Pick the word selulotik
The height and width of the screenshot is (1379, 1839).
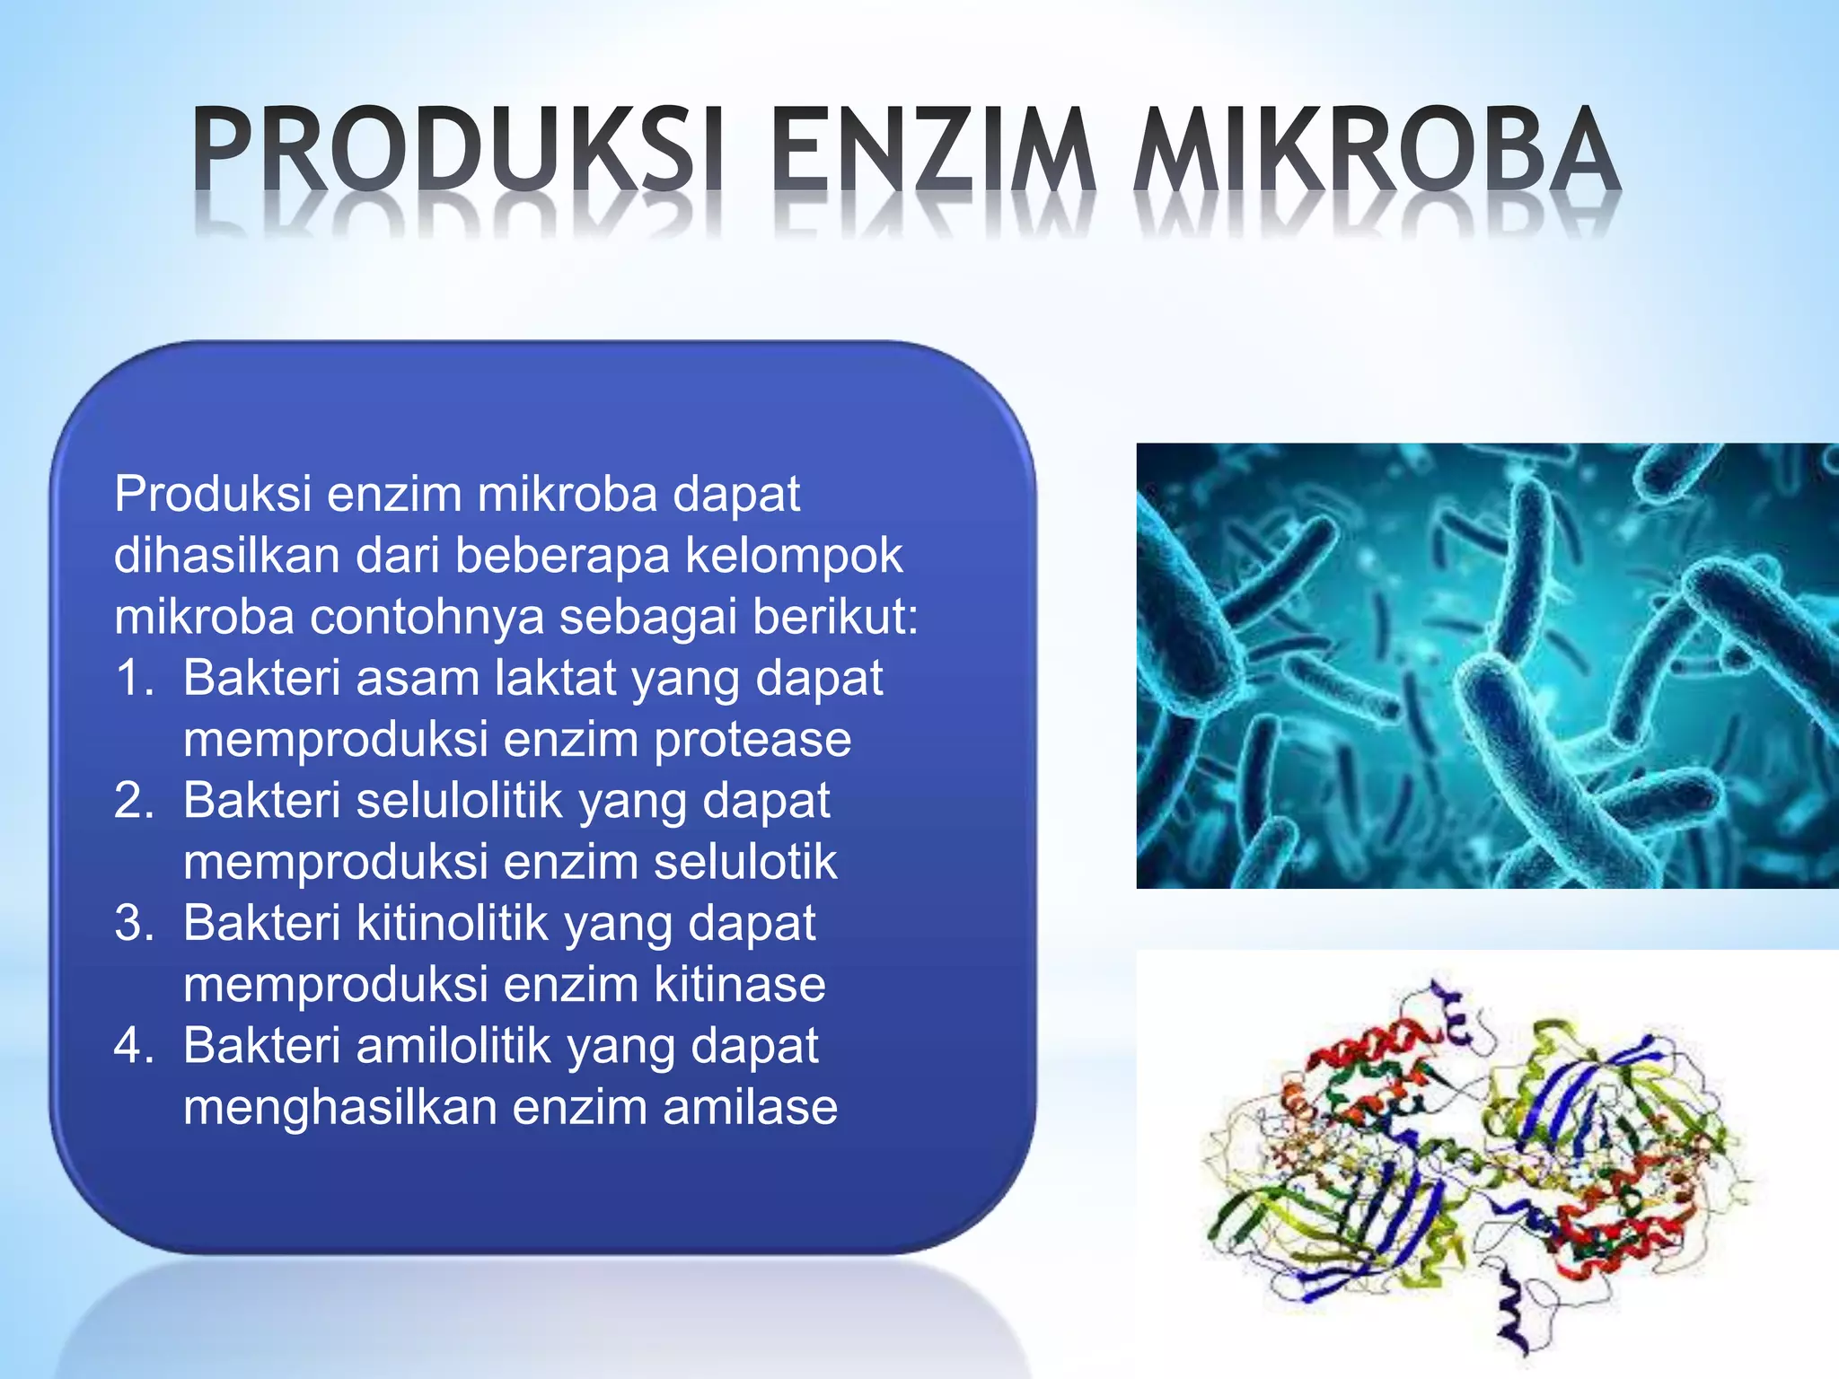click(x=745, y=862)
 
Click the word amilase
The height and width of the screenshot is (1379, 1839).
click(x=750, y=1107)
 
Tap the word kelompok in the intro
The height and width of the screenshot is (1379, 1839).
click(x=794, y=556)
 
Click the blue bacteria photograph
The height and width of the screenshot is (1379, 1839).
click(x=1486, y=665)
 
